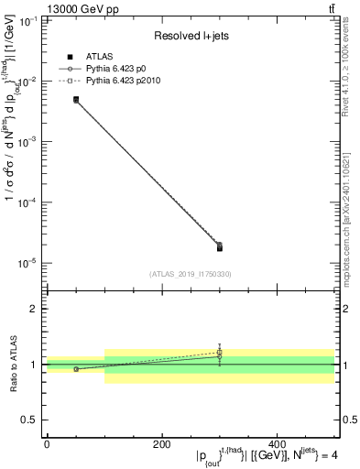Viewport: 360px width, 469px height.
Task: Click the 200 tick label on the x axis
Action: pyautogui.click(x=162, y=445)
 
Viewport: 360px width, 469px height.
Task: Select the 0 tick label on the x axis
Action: pyautogui.click(x=47, y=445)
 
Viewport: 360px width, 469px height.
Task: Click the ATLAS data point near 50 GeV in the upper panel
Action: pyautogui.click(x=76, y=99)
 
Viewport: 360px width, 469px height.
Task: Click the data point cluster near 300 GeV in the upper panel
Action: pyautogui.click(x=219, y=246)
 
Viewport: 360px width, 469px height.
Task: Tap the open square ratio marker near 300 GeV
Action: pyautogui.click(x=219, y=353)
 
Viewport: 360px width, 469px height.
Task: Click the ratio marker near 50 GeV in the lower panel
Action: pyautogui.click(x=76, y=369)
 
